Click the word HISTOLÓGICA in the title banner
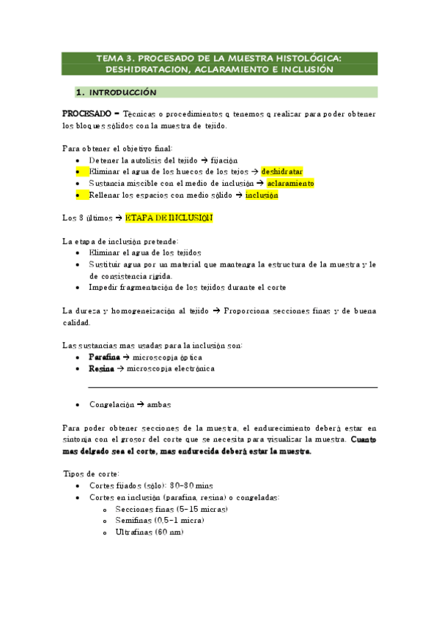click(298, 58)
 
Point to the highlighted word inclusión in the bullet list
click(262, 196)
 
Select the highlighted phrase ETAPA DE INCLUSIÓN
click(169, 217)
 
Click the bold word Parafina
click(99, 357)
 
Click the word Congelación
click(111, 404)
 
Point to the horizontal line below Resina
click(232, 387)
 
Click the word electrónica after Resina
click(186, 369)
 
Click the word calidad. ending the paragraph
click(76, 322)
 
